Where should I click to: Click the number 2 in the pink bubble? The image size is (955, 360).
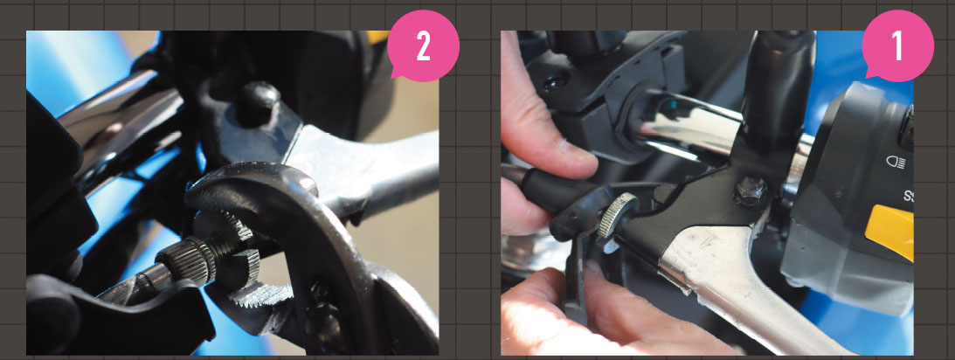[424, 46]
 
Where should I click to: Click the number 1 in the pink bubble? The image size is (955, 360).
[897, 46]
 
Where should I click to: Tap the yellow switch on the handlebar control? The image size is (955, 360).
[894, 232]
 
